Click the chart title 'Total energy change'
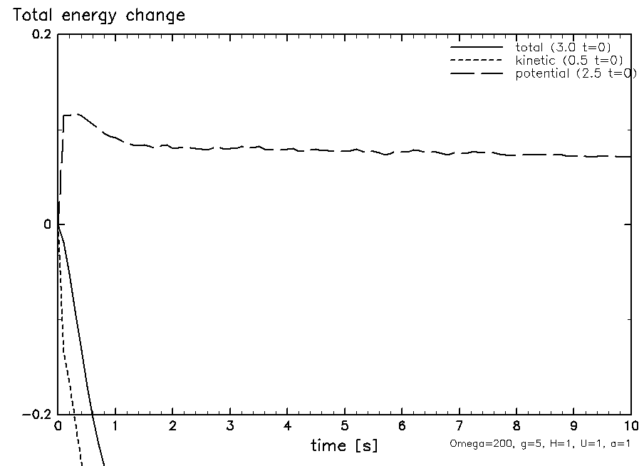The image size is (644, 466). tap(95, 15)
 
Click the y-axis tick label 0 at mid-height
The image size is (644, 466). tap(48, 225)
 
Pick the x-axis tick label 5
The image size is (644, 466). tap(344, 427)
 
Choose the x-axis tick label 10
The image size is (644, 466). tap(630, 427)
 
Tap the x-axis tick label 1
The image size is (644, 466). tap(115, 427)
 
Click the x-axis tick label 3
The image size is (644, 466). tap(230, 427)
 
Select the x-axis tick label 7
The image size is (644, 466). tap(459, 427)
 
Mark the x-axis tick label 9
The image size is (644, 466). tap(573, 427)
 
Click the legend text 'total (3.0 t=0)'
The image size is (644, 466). tap(563, 47)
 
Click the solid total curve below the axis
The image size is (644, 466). tap(89, 371)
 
